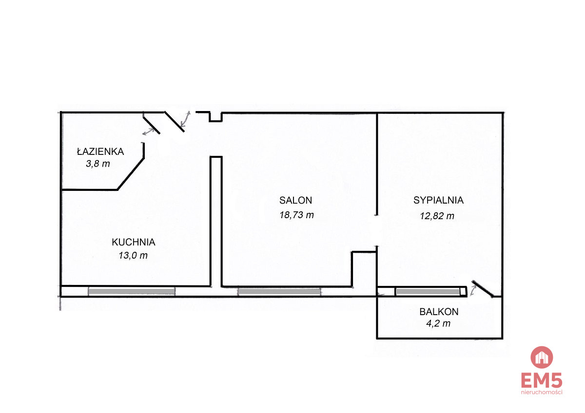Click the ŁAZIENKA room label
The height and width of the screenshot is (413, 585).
(100, 151)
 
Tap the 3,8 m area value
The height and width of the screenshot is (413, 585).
(98, 164)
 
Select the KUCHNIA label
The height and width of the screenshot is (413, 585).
(134, 242)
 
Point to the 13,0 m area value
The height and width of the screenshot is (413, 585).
(133, 255)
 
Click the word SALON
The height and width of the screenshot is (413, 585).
(295, 200)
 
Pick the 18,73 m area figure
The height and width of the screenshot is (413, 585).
(296, 215)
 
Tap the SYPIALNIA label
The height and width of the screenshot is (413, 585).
(438, 200)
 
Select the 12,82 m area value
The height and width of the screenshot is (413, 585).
(437, 216)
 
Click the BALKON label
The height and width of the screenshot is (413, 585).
(439, 312)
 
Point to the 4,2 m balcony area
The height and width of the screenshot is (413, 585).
(438, 323)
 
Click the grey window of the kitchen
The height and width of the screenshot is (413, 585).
(132, 291)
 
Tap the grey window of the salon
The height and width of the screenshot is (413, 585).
(279, 292)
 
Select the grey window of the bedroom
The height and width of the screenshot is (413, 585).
(428, 292)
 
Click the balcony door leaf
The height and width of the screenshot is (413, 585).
(483, 289)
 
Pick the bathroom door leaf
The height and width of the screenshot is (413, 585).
(151, 125)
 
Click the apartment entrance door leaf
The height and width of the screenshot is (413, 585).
(174, 122)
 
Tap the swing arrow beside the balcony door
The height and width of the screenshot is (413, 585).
(473, 290)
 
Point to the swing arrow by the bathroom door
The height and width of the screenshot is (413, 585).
(148, 131)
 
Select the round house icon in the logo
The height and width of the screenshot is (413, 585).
(542, 357)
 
